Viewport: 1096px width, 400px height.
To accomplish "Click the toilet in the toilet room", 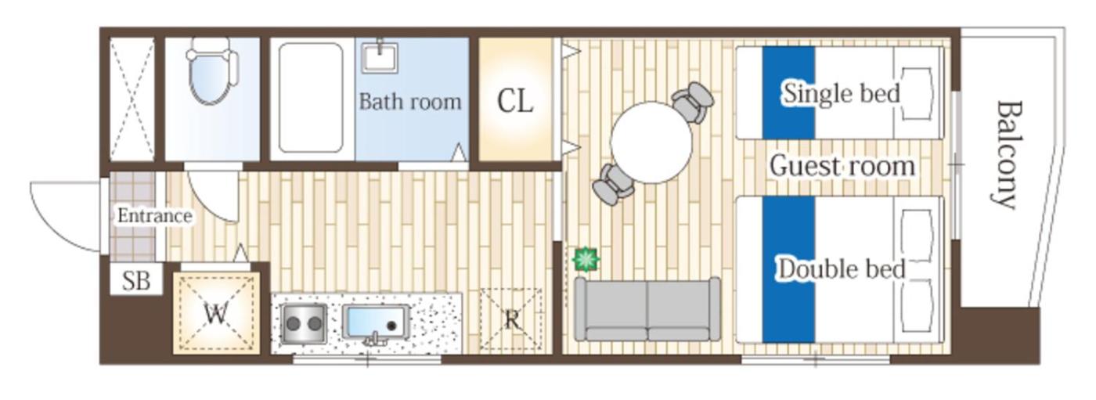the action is tap(212, 71).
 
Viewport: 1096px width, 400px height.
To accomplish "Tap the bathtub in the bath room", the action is tap(311, 98).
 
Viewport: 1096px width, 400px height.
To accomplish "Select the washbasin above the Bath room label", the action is tap(380, 57).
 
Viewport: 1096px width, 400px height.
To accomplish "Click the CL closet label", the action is tap(515, 101).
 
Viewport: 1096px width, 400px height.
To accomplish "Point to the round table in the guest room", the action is tap(651, 142).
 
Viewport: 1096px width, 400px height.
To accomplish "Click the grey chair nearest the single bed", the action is tap(692, 102).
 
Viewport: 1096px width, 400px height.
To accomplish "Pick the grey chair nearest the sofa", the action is tap(613, 185).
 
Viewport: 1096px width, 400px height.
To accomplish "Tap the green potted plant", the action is tap(586, 259).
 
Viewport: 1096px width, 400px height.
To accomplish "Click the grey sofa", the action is tap(647, 309).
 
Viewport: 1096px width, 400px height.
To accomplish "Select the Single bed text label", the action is tap(842, 93).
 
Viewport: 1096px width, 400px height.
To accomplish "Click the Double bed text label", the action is tap(842, 269).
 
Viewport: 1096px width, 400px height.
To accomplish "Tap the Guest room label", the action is tap(842, 166).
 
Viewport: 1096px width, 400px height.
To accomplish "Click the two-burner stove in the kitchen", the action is tap(304, 323).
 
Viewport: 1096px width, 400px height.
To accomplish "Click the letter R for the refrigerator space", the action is tap(512, 320).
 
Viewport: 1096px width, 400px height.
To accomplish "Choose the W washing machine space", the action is tap(216, 313).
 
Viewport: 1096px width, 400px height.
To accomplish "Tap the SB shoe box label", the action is tap(136, 281).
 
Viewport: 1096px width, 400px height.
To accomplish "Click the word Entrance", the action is tap(155, 215).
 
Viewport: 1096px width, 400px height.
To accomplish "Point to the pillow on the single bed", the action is tap(916, 93).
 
